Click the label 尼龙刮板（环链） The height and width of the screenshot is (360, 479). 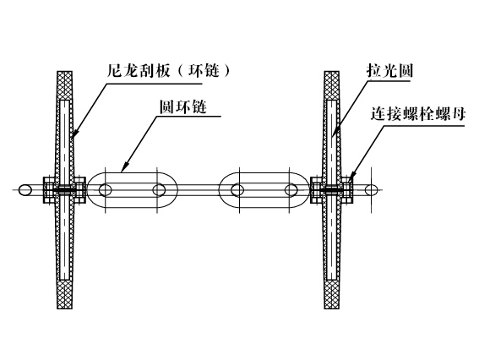point(168,71)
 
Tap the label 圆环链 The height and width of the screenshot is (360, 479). point(183,107)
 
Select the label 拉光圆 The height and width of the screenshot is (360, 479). point(389,71)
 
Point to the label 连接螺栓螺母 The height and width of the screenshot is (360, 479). point(418,114)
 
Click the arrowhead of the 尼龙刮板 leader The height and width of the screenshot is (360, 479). point(74,134)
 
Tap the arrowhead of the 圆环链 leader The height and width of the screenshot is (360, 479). point(125,167)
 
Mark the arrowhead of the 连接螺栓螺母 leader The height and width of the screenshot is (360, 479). point(350,177)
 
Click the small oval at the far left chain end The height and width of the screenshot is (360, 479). point(25,190)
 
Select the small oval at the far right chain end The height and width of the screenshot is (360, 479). point(371,190)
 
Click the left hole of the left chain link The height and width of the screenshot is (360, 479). point(106,190)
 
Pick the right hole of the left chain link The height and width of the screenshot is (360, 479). point(159,190)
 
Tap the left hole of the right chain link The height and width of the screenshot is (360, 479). point(237,190)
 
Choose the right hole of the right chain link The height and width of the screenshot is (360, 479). point(291,190)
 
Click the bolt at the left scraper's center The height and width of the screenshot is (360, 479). point(65,190)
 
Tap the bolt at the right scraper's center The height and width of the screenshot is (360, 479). point(332,190)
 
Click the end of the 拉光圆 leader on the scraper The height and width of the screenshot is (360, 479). point(333,135)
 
